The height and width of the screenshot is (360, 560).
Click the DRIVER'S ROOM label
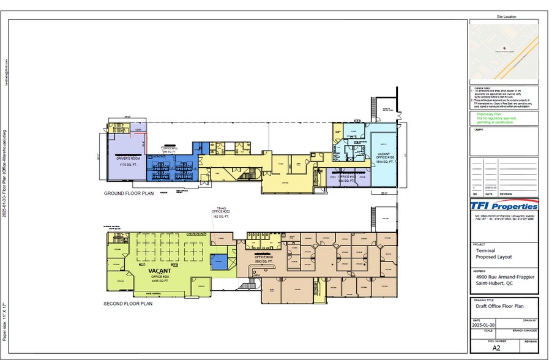point(129,159)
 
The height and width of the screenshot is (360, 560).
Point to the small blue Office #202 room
point(218,262)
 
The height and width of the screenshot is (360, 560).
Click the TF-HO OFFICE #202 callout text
point(220,212)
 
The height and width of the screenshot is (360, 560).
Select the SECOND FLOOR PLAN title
point(129,302)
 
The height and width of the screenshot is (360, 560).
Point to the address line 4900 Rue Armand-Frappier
point(504,277)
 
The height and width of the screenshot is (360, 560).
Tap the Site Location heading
point(507,17)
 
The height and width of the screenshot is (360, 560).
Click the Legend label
point(480,130)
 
